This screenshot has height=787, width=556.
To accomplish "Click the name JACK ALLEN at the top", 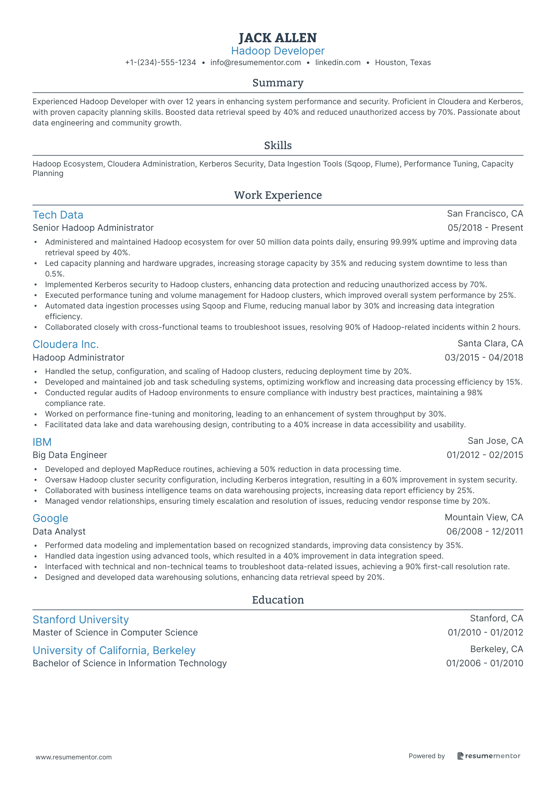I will tap(278, 38).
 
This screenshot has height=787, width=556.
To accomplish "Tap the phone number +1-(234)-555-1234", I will tap(160, 63).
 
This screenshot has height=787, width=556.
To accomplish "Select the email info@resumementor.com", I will tap(256, 63).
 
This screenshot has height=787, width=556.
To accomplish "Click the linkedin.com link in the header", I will tap(338, 63).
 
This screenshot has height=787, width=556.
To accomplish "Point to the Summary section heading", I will tap(278, 83).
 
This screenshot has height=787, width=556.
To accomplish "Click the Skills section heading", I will tap(278, 146).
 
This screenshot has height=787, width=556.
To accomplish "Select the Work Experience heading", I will tap(278, 195).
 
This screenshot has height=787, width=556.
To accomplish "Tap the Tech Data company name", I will tap(58, 215).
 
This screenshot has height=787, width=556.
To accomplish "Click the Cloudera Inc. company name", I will tap(65, 344).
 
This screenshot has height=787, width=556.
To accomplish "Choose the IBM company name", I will tap(42, 442).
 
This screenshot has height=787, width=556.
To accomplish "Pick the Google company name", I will tap(50, 518).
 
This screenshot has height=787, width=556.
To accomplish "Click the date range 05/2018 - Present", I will tap(485, 228).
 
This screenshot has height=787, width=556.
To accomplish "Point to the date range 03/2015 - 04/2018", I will tap(483, 358).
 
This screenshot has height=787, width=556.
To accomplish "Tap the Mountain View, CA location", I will tap(483, 518).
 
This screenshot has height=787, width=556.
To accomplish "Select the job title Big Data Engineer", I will tap(70, 455).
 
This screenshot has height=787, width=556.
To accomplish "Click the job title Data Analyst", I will tap(59, 532).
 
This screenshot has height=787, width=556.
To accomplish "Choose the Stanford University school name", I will tap(80, 620).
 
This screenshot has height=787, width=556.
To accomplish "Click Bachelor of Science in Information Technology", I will tap(130, 664).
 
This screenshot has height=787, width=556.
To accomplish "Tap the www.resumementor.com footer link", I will tap(74, 757).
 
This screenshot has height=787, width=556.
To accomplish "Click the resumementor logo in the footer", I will tap(489, 756).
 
